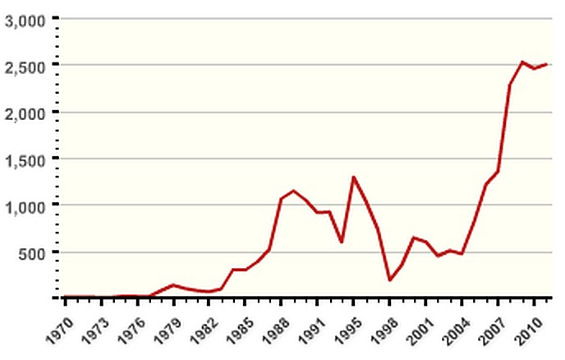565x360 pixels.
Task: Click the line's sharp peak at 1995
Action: (x=353, y=177)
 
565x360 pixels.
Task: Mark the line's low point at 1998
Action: (x=389, y=280)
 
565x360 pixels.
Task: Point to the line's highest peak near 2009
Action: (x=522, y=62)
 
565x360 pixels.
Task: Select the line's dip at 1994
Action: (x=341, y=242)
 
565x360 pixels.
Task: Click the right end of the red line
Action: (x=546, y=64)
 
